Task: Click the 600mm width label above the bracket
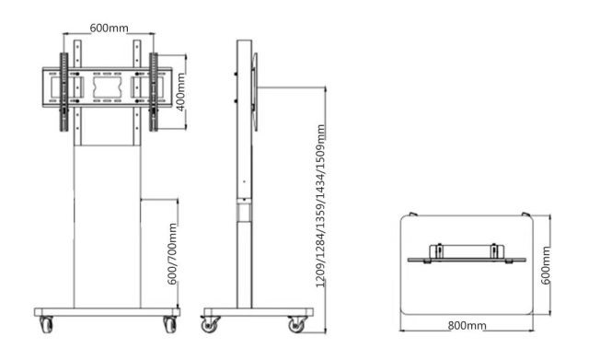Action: (109, 29)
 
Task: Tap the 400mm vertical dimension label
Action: (180, 92)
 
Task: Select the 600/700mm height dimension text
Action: (172, 254)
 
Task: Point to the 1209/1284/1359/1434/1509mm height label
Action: (320, 206)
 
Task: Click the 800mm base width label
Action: (467, 325)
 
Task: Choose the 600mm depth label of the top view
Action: (546, 265)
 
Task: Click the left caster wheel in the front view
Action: (47, 324)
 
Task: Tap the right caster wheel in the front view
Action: (169, 324)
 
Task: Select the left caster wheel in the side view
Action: (209, 325)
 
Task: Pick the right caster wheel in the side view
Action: (296, 325)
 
